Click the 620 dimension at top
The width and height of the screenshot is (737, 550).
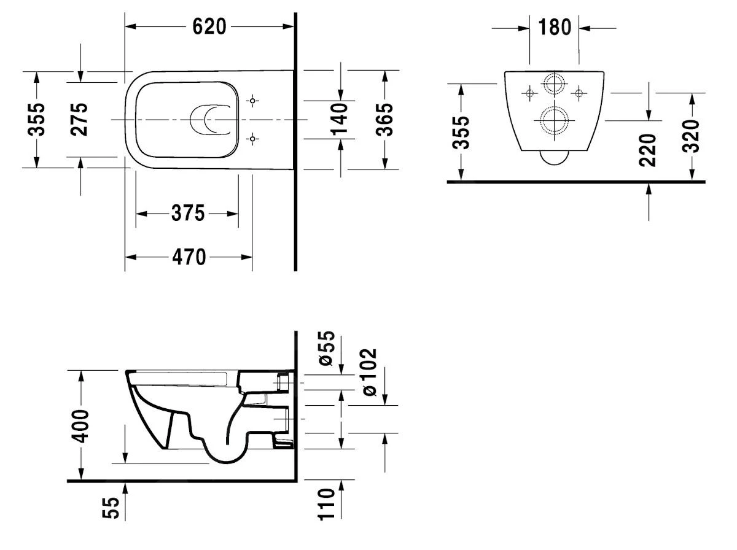click(209, 26)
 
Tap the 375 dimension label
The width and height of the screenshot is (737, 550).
click(187, 214)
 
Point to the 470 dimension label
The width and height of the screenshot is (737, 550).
click(189, 257)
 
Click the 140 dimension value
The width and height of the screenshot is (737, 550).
click(340, 119)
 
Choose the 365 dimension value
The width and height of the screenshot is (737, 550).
click(384, 119)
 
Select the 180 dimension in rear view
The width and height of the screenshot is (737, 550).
click(555, 27)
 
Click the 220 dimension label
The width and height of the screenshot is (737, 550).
click(649, 149)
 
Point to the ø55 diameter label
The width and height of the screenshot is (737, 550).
click(328, 349)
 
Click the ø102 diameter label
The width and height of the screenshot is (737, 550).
click(370, 372)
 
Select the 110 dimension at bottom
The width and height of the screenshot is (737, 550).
click(327, 504)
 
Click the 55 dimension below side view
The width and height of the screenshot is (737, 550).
click(110, 508)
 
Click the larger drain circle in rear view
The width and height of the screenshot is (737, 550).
click(554, 120)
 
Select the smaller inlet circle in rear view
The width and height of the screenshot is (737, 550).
click(554, 84)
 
